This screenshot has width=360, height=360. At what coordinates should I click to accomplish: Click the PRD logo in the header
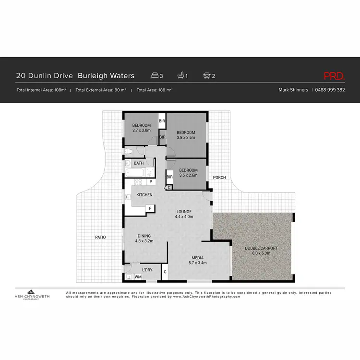[x=334, y=76]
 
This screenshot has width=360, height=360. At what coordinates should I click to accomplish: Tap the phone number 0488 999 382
[x=330, y=90]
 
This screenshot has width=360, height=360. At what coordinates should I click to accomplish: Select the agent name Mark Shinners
[x=293, y=90]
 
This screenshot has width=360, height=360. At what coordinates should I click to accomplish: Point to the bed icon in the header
[x=155, y=76]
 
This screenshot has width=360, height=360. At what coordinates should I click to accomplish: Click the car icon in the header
[x=207, y=76]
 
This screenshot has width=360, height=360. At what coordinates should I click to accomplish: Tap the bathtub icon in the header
[x=181, y=76]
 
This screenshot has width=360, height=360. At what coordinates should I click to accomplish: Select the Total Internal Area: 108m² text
[x=41, y=90]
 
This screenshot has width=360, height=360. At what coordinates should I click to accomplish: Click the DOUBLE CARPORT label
[x=261, y=250]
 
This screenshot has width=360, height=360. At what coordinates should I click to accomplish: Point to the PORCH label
[x=219, y=178]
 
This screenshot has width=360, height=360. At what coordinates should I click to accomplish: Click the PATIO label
[x=100, y=237]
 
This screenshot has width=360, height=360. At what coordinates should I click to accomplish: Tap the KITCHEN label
[x=144, y=195]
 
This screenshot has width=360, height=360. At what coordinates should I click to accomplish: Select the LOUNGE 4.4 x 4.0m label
[x=184, y=214]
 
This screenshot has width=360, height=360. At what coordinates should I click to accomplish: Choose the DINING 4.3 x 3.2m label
[x=144, y=239]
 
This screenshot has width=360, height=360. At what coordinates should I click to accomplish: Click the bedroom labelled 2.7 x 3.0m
[x=142, y=127]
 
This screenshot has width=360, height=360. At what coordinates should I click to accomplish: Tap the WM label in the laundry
[x=138, y=277]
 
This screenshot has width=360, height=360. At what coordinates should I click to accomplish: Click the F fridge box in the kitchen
[x=150, y=208]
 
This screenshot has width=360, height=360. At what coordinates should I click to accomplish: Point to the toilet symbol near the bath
[x=128, y=152]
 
